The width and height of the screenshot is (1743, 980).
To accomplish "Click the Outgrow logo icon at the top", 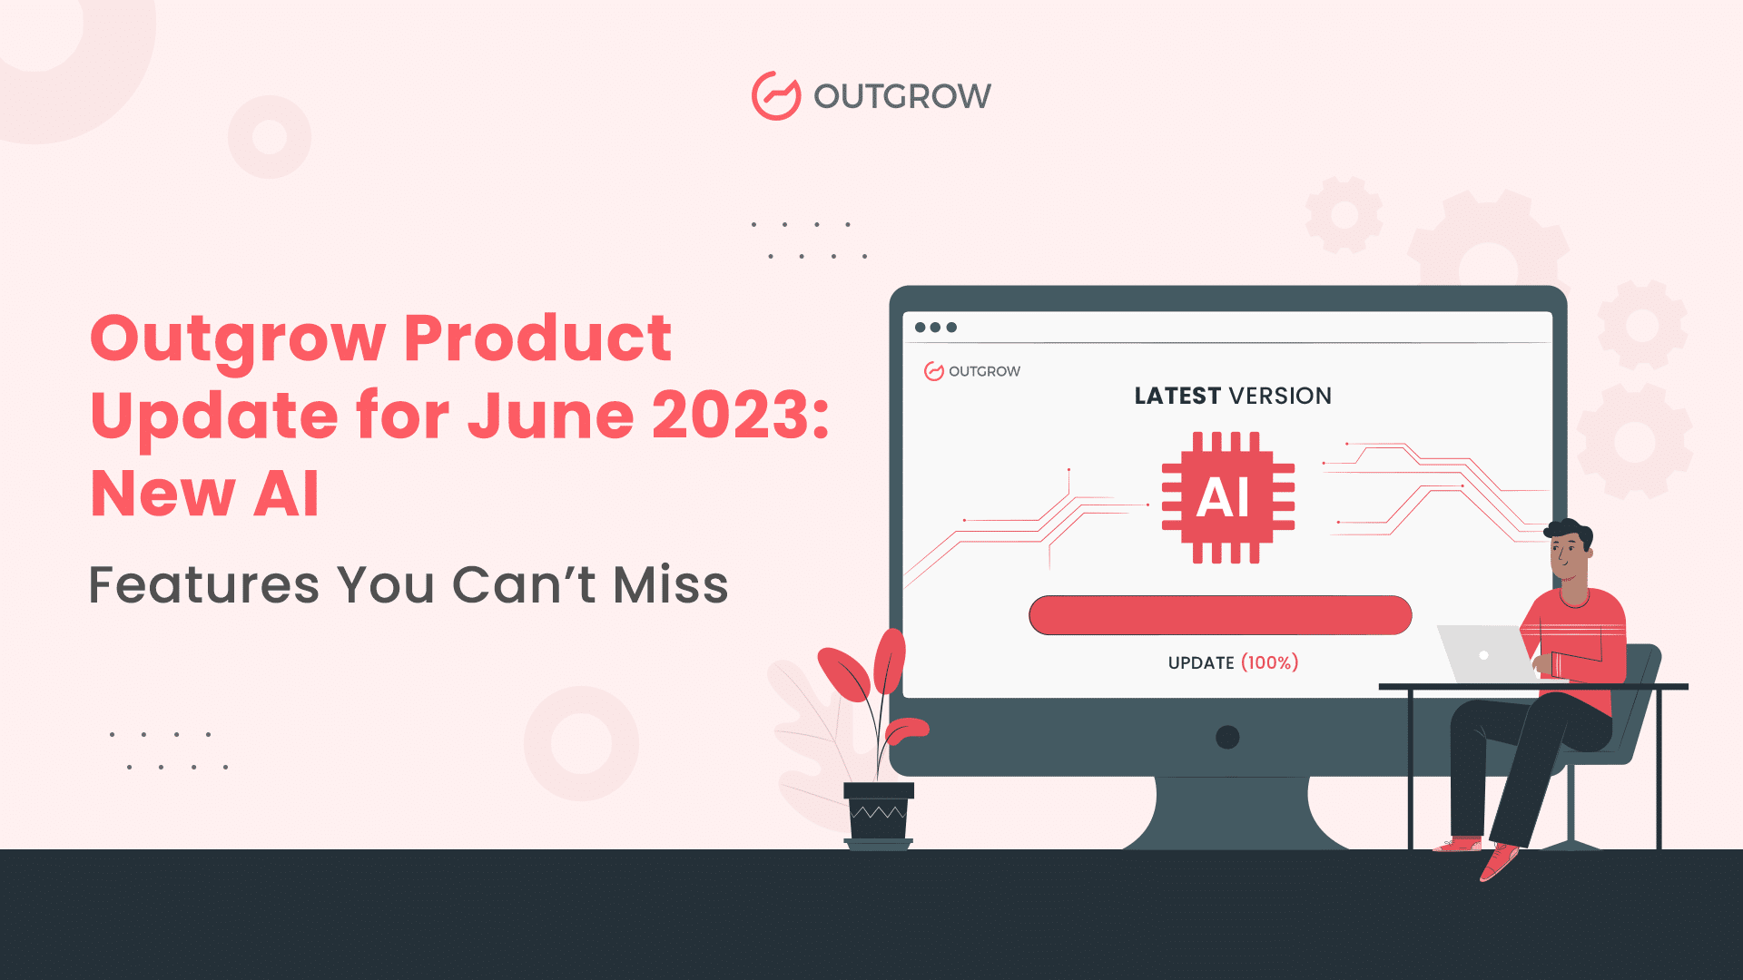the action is coord(776,95).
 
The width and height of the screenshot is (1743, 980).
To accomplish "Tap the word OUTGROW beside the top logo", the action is coord(902,96).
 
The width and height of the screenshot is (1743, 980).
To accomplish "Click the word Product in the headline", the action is coord(537,338).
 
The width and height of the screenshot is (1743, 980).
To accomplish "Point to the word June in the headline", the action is coord(550,415).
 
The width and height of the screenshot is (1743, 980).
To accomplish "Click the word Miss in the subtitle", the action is coord(671,584).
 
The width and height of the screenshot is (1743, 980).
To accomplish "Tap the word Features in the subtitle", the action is coord(204,584).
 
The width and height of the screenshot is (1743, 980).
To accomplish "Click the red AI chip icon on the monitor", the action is coord(1228,497).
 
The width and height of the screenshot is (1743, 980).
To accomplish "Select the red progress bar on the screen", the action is coord(1220,615).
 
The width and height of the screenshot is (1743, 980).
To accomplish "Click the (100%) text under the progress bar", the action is coord(1270,662).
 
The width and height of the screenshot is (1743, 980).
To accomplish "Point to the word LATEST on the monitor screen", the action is coord(1177,396).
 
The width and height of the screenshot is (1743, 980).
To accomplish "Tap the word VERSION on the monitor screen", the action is coord(1280,396).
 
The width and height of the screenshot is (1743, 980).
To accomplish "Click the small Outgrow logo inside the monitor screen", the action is coord(972,371).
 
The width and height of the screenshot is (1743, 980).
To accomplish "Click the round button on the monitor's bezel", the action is coord(1227,737).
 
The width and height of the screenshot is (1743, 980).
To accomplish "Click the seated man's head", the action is coord(1569,550).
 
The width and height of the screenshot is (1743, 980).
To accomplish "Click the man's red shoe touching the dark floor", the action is coord(1498,861).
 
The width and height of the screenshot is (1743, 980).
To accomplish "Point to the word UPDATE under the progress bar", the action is coord(1201,663).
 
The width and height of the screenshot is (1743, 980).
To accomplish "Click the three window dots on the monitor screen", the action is coord(936,328).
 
